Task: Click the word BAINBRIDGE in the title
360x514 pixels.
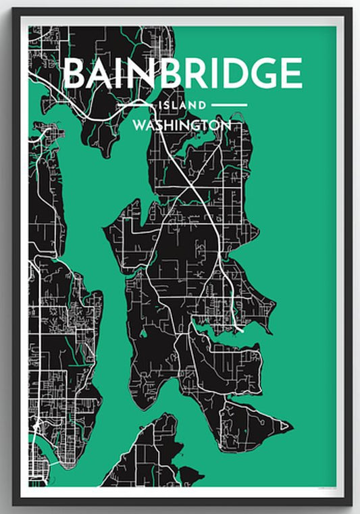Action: [182, 74]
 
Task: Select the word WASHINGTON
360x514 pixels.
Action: [182, 126]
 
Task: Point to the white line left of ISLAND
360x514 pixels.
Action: [136, 105]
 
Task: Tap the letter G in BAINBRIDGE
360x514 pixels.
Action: [265, 74]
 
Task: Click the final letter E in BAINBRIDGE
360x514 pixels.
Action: [292, 74]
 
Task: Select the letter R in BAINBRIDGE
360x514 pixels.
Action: [191, 74]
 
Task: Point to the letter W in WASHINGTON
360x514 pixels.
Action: [140, 126]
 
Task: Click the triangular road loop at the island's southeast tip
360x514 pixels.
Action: [286, 426]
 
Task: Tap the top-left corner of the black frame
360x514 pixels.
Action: [14, 10]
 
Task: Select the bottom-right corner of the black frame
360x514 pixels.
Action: [350, 503]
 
